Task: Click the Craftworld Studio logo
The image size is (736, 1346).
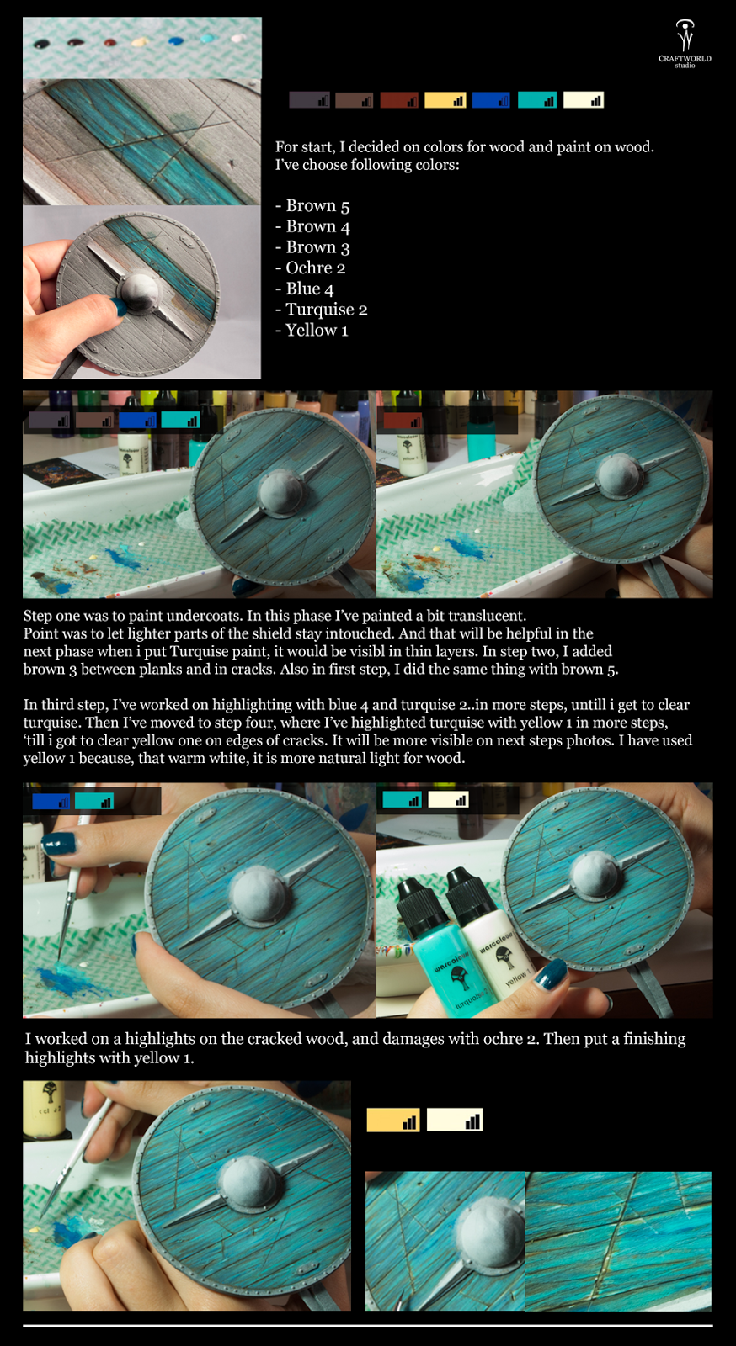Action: click(685, 44)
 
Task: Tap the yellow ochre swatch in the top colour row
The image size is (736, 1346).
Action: click(445, 100)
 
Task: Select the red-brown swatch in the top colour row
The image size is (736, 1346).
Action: click(398, 100)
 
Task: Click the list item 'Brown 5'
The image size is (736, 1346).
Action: click(312, 206)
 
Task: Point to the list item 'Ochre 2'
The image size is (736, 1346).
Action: click(310, 268)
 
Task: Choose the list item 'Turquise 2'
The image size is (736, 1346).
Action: click(321, 310)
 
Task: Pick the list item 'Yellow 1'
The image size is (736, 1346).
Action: click(312, 331)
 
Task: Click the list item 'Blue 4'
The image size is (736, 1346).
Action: click(304, 289)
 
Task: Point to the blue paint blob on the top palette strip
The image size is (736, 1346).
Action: click(176, 41)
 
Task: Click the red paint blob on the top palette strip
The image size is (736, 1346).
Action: click(109, 43)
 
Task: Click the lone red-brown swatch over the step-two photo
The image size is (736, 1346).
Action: click(403, 421)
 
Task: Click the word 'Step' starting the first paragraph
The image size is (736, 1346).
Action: click(38, 617)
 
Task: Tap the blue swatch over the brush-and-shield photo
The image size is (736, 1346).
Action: click(51, 801)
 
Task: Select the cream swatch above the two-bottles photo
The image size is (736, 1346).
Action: click(448, 800)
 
